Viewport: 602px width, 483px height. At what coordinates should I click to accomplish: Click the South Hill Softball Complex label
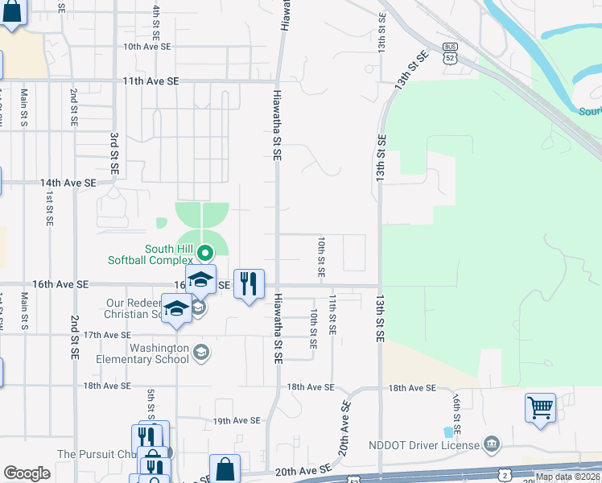point(151,254)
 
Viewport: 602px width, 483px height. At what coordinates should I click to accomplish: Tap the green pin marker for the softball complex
point(204,254)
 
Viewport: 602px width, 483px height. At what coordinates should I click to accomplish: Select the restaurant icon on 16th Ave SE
point(249,284)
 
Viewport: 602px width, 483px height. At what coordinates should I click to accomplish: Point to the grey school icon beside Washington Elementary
point(201,352)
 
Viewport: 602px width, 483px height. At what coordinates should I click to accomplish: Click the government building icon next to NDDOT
point(491,444)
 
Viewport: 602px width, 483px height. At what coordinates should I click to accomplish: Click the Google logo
point(27,473)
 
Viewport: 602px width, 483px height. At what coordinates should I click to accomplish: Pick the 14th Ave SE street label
point(68,184)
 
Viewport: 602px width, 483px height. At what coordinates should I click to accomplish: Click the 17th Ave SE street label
point(106,335)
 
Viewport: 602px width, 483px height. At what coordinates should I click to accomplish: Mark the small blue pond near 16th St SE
point(448,431)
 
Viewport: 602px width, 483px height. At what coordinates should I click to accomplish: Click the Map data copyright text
point(567,477)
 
